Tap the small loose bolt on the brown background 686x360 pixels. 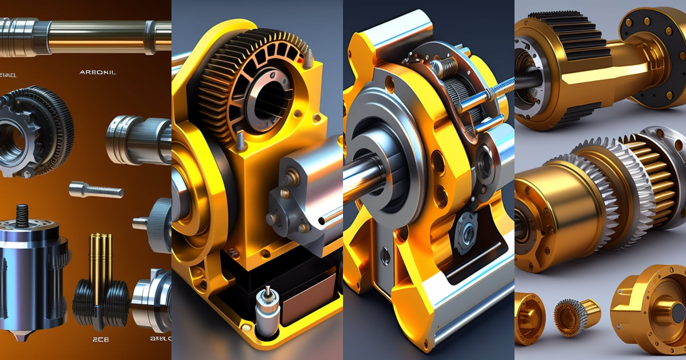coord(95,189)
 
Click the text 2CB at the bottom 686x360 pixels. coord(101,339)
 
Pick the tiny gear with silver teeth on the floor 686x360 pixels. coord(572,317)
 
